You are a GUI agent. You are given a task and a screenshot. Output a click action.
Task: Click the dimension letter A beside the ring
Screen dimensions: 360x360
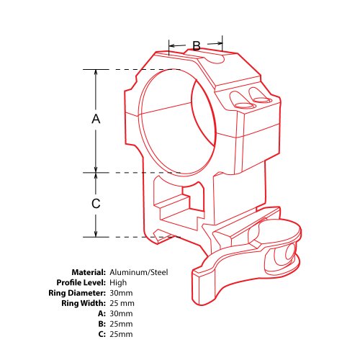point(96,119)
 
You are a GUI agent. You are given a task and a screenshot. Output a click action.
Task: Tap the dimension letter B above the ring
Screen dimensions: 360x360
point(197,45)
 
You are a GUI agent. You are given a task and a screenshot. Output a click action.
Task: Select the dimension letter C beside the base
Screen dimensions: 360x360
point(96,204)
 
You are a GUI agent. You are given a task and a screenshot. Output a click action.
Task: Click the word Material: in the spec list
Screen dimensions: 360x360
point(89,272)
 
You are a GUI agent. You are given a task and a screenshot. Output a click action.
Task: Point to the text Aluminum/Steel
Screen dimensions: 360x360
point(139,272)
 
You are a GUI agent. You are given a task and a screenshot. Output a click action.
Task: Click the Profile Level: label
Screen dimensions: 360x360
point(81,282)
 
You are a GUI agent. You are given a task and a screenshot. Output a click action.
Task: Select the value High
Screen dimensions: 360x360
point(118,283)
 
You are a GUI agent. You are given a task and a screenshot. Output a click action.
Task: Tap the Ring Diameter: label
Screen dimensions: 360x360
point(77,293)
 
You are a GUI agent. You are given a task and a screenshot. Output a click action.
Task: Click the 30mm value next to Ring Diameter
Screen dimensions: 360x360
point(121,293)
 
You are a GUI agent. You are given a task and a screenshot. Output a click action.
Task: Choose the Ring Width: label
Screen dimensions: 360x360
point(84,303)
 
